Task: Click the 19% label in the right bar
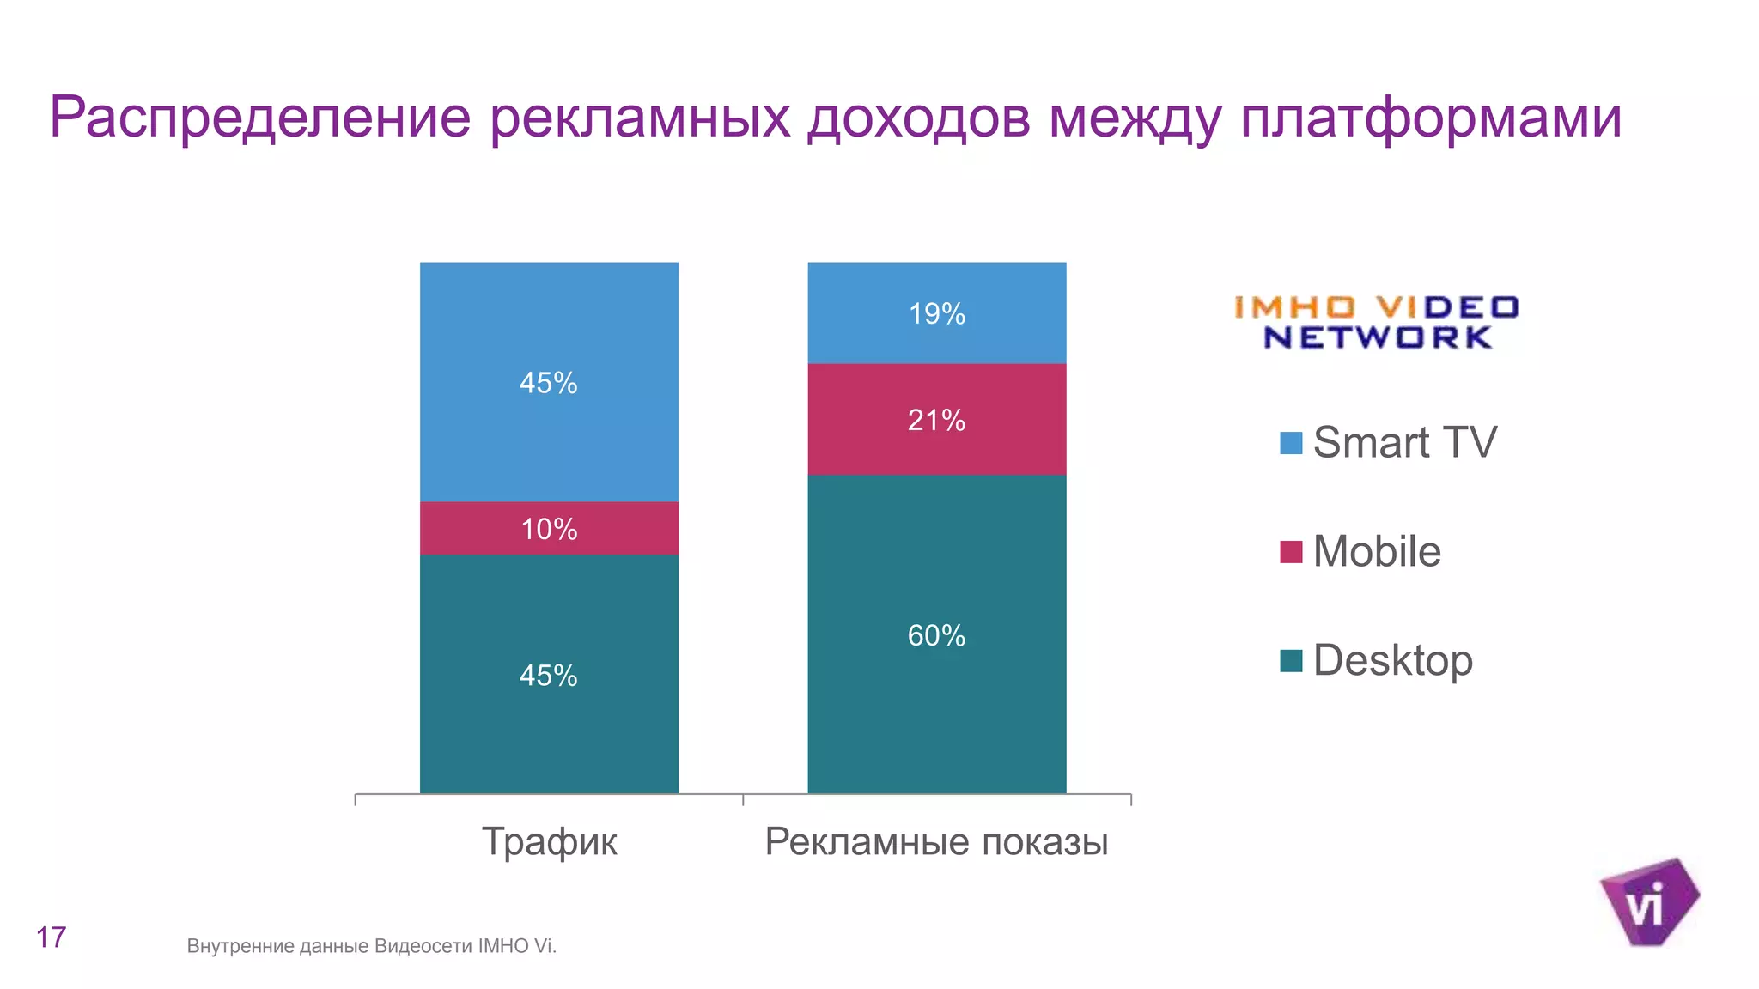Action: pos(936,314)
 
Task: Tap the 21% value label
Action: pos(936,421)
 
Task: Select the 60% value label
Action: pos(936,636)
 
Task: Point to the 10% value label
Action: pos(549,529)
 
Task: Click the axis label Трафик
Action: pos(549,841)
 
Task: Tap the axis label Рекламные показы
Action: pos(936,841)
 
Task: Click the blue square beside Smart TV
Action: pos(1291,443)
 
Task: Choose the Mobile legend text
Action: pos(1376,551)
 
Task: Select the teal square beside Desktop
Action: pos(1291,661)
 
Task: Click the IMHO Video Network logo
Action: pos(1376,322)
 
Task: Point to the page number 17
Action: pos(51,937)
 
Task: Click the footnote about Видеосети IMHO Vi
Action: pos(371,946)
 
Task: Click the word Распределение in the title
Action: pos(260,118)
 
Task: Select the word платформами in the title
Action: pos(1430,118)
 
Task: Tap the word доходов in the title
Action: pos(918,118)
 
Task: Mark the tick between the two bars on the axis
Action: pos(743,799)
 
